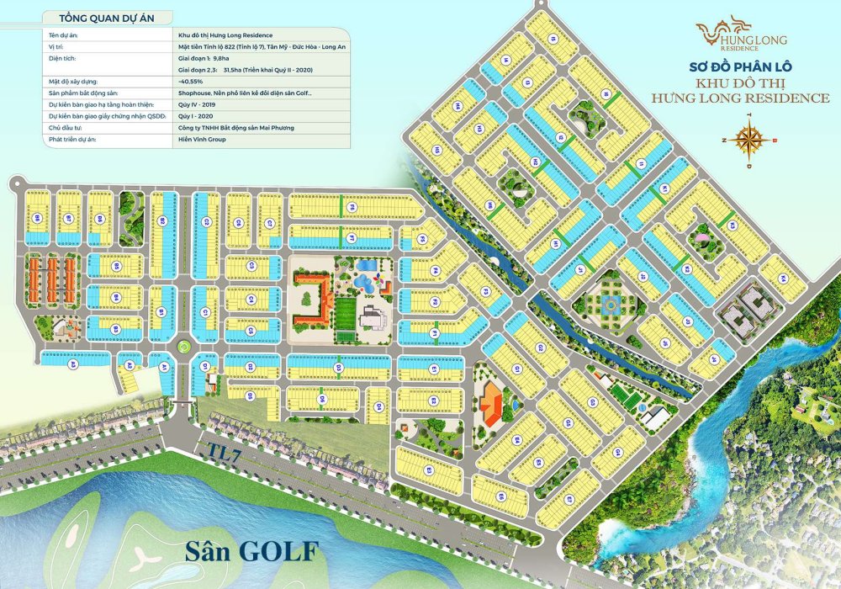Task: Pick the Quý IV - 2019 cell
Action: (197, 103)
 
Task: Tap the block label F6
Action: (339, 367)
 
